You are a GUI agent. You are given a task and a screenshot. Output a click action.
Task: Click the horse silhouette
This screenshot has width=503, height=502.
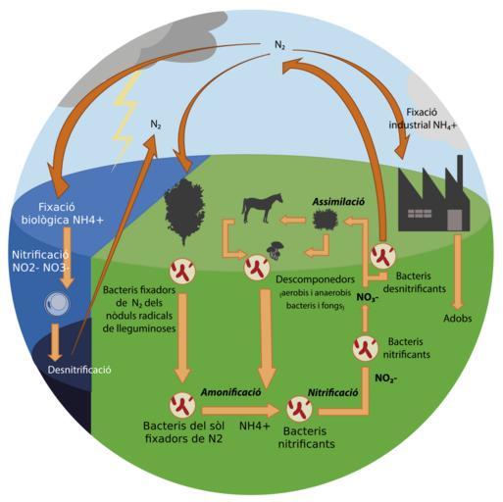coord(262,208)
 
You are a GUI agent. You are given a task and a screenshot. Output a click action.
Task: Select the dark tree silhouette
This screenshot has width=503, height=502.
coord(184,211)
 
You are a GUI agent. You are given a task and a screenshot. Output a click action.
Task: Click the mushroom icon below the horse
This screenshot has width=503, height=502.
coord(276,250)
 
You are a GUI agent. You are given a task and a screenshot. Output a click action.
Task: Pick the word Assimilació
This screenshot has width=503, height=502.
coord(338,201)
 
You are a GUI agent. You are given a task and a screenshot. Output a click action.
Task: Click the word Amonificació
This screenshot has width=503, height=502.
coord(230,392)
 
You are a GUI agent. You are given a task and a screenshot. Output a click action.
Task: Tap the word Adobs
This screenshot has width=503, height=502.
coord(457,318)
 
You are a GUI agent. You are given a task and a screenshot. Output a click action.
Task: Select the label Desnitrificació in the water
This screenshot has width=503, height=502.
coord(79,370)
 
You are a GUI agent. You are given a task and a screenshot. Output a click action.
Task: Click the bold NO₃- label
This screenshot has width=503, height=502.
coord(368,298)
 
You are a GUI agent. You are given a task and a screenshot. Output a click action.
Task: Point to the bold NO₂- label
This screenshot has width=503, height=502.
coord(386,378)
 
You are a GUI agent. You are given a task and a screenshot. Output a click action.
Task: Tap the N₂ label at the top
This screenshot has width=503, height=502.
coord(279,45)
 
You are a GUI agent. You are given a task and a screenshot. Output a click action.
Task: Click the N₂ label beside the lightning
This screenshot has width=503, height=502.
coord(156,125)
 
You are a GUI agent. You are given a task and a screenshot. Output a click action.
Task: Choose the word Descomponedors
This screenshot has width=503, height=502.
coord(315,279)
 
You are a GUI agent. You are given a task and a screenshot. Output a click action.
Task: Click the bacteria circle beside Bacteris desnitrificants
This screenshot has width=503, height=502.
coord(383,256)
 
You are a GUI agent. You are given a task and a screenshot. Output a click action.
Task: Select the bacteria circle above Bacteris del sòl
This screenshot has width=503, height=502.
coord(182,405)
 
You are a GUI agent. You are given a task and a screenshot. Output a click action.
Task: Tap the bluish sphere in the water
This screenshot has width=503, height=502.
coord(57,304)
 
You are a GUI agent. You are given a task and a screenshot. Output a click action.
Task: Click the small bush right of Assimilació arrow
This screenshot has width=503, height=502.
coord(325,220)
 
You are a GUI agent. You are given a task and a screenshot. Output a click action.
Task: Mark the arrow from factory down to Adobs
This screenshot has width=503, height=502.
coord(458,273)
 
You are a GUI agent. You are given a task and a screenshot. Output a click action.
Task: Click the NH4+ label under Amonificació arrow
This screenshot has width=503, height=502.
coord(255,426)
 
